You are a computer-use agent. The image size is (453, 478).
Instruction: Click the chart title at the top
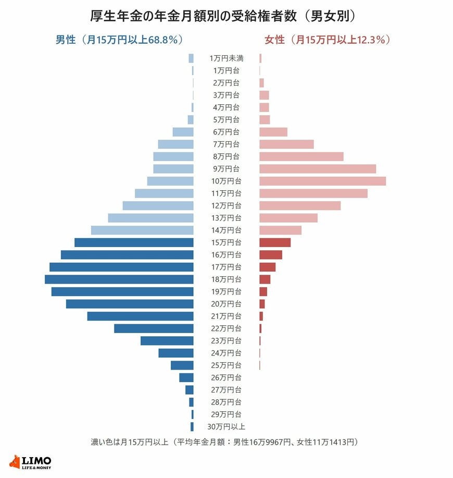point(223,16)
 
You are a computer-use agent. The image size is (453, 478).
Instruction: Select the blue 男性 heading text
point(119,40)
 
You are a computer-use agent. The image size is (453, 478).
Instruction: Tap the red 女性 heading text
point(328,40)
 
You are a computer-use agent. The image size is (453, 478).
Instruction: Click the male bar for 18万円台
point(119,279)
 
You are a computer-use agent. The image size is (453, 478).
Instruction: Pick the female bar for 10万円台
point(323,181)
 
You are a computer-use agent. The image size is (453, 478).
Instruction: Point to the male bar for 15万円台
point(134,243)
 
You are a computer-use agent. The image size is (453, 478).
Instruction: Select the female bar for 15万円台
point(275,243)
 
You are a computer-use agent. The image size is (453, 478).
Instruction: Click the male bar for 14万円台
point(142,230)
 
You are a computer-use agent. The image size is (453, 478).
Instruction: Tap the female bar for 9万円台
point(318,169)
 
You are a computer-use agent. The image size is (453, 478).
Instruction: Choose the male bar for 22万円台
point(154,328)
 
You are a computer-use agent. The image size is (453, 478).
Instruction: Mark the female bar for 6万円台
point(273,132)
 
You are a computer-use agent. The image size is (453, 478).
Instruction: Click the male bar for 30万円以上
point(192,427)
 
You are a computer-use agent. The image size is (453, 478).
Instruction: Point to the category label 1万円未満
point(226,58)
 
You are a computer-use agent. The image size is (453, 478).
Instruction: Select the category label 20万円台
point(226,304)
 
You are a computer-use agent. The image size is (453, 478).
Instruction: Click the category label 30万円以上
point(226,427)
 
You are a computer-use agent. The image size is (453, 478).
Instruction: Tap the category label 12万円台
point(226,206)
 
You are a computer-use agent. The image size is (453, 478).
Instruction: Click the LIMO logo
point(30,462)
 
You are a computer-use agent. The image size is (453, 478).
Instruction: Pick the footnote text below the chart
point(224,442)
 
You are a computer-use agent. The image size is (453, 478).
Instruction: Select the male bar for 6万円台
point(183,132)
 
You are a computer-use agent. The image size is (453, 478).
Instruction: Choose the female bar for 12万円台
point(300,206)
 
